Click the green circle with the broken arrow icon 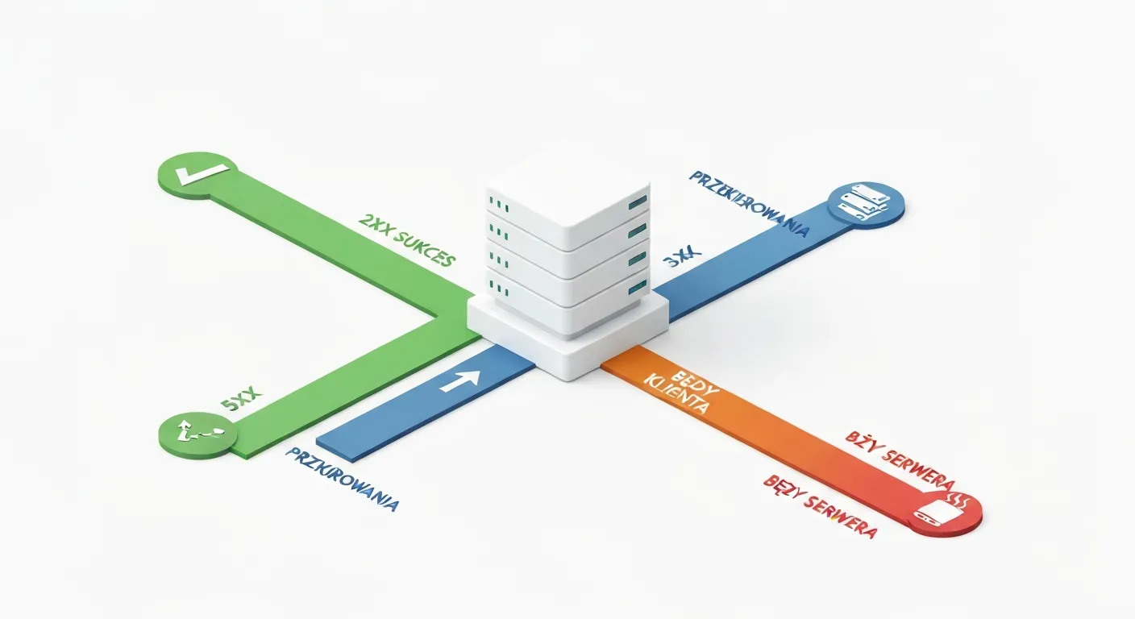coord(197,436)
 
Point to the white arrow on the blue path coord(460,380)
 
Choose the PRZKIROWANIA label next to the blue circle coord(749,202)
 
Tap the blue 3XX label coord(682,260)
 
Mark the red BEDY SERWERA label coord(818,506)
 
